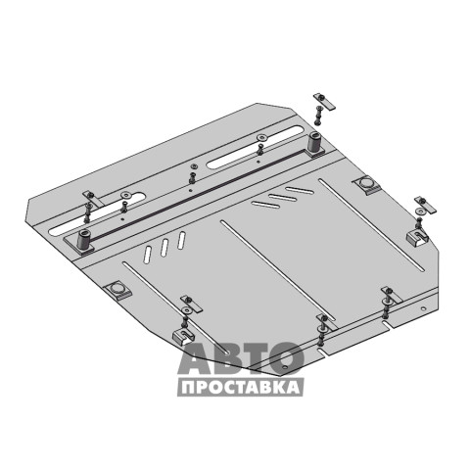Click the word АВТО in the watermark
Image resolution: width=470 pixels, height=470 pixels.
coord(241,358)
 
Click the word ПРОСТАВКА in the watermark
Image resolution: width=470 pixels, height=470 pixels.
coord(241,388)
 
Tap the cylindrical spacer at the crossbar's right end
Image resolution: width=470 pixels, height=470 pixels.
coord(313,143)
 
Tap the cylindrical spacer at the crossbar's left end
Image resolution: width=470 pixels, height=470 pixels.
coord(82,239)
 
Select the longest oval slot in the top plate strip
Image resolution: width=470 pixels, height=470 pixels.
coord(257,147)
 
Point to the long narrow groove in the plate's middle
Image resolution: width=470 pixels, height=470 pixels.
coord(278,270)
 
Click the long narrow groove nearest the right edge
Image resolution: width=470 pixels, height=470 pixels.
coord(371,225)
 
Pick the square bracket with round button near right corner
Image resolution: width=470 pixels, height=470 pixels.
coord(366,185)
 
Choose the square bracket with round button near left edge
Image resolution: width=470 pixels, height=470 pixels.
coord(117,290)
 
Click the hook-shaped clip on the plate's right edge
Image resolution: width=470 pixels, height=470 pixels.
coord(417,235)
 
